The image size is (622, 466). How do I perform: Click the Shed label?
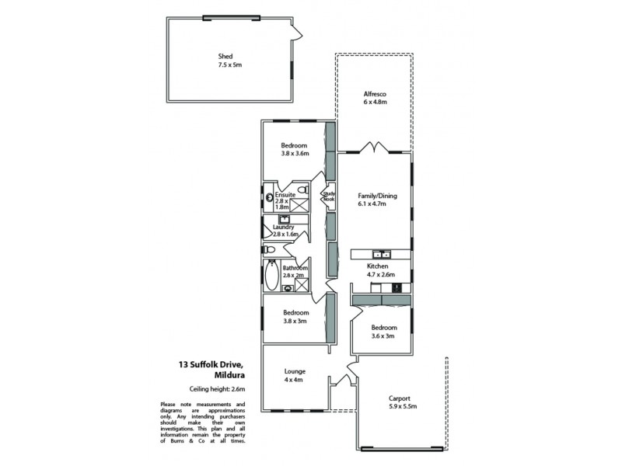pyautogui.click(x=225, y=56)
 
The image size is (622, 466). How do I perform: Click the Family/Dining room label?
pyautogui.click(x=376, y=196)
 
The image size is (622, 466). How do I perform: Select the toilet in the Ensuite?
pyautogui.click(x=306, y=190)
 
